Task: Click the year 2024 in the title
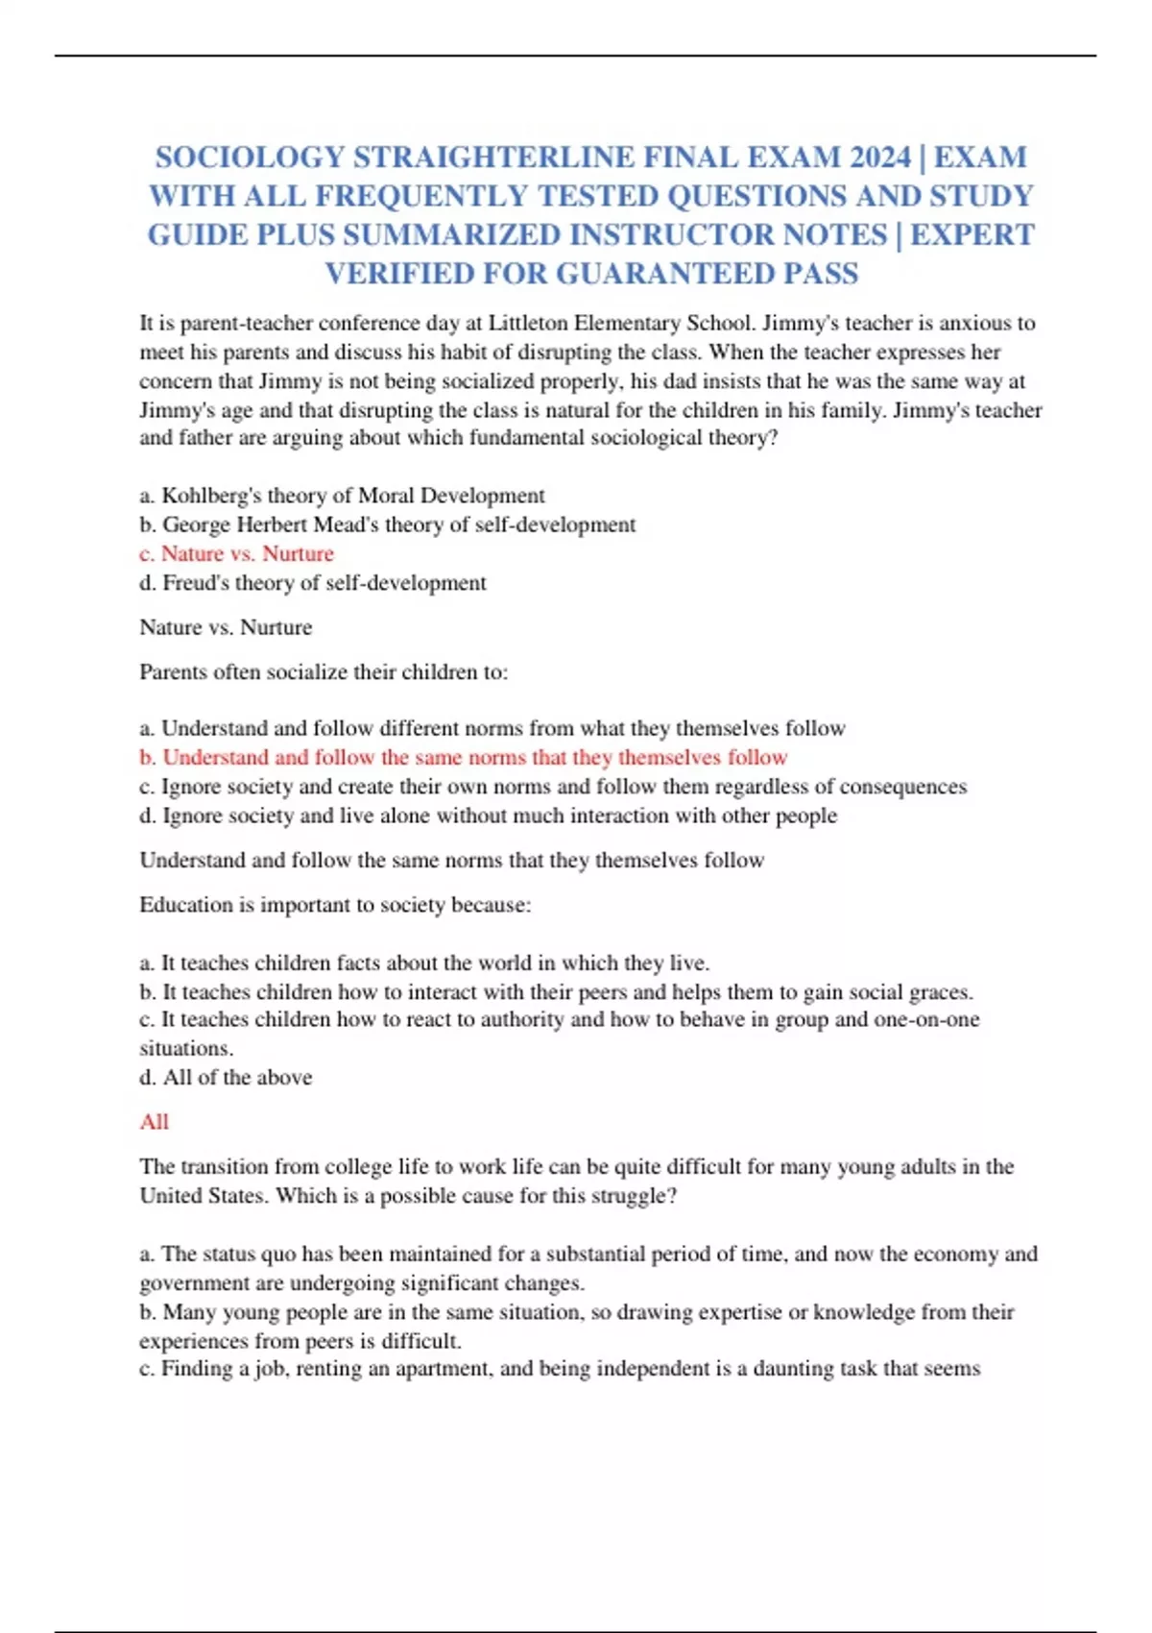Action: click(x=875, y=157)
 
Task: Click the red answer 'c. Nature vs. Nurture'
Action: click(x=236, y=554)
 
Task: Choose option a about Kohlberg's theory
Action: click(x=342, y=496)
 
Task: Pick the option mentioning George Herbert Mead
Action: click(x=387, y=524)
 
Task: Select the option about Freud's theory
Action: click(x=313, y=583)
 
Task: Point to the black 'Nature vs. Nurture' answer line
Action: click(x=226, y=627)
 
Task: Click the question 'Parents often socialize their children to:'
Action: click(x=324, y=672)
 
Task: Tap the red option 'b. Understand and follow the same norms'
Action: click(x=463, y=758)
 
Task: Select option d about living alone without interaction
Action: click(x=488, y=816)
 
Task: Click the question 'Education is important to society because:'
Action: click(x=335, y=905)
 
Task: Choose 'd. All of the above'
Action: click(x=226, y=1078)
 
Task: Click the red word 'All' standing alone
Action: click(x=154, y=1122)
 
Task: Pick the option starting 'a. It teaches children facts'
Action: click(x=424, y=963)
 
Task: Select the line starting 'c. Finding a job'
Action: click(x=559, y=1369)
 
